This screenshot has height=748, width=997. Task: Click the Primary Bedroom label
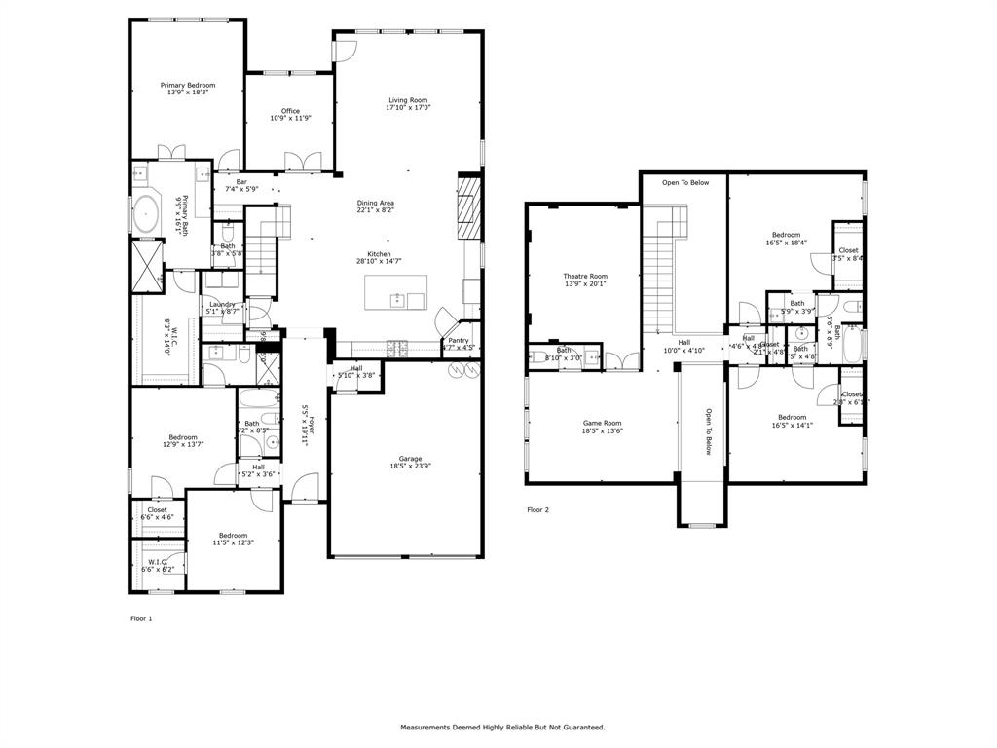[188, 86]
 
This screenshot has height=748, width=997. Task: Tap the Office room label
[290, 111]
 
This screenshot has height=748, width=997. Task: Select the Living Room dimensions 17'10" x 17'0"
[408, 108]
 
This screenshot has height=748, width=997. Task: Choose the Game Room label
[602, 423]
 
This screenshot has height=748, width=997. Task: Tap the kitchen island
[395, 293]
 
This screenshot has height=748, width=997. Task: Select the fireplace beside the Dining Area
[470, 206]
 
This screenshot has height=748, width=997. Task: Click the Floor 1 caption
[141, 618]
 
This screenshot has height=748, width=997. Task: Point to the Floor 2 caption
[537, 509]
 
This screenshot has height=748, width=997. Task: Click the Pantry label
[459, 340]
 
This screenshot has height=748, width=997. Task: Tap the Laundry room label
[223, 304]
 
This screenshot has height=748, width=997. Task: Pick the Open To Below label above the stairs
[685, 182]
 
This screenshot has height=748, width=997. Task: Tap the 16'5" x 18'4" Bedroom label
[786, 235]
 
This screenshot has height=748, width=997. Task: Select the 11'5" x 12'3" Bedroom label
[234, 535]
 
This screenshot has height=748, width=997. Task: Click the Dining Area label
[375, 203]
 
